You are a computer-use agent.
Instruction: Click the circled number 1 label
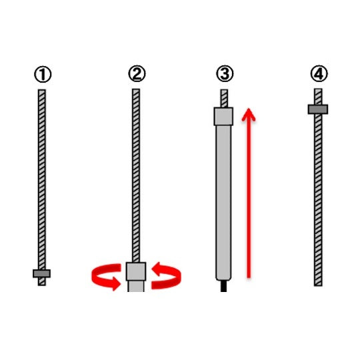point(43,74)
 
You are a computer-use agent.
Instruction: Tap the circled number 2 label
point(137,73)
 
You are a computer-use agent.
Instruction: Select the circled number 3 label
point(225,73)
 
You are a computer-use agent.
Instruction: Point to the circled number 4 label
point(319,73)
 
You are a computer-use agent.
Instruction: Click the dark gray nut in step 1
point(41,273)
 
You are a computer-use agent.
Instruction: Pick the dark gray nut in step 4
point(318,109)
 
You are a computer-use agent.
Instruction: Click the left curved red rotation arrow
point(106,277)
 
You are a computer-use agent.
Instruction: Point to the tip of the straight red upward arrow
point(249,109)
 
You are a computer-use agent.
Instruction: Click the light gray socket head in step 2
point(136,271)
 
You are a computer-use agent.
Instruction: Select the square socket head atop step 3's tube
point(223,117)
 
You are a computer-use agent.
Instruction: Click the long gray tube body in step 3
point(223,203)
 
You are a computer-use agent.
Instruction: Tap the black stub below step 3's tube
point(223,286)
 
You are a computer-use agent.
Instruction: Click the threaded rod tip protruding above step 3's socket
point(224,98)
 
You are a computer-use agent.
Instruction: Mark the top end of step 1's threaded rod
point(42,90)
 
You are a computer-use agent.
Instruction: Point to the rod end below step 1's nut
point(42,282)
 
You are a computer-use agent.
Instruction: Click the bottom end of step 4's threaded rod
point(318,285)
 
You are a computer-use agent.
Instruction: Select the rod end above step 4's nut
point(318,97)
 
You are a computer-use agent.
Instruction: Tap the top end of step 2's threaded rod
point(136,89)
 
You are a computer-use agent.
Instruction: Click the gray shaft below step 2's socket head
point(136,286)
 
